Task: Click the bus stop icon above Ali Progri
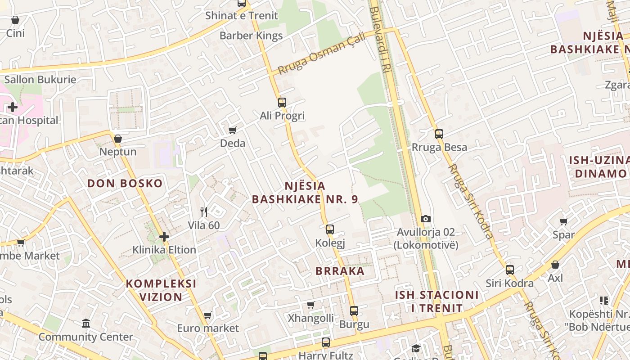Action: pos(282,103)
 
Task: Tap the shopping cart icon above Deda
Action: pos(233,130)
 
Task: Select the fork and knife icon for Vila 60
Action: pos(204,211)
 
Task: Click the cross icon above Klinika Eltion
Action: pos(164,237)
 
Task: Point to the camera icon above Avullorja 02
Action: pos(426,219)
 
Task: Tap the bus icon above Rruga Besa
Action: pos(439,134)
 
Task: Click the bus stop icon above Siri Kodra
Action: pos(510,270)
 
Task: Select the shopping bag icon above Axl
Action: pos(555,265)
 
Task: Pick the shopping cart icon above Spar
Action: pos(563,221)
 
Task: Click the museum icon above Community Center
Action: pos(86,323)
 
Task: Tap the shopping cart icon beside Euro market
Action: pos(207,315)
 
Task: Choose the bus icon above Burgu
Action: pos(354,311)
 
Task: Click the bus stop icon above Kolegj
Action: pos(330,229)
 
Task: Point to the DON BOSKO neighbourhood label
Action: pos(125,184)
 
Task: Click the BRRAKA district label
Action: pos(340,271)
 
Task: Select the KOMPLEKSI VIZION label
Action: pos(161,290)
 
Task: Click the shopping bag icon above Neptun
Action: pos(118,139)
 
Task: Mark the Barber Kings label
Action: pos(251,36)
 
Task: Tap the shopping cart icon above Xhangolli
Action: pos(311,305)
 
